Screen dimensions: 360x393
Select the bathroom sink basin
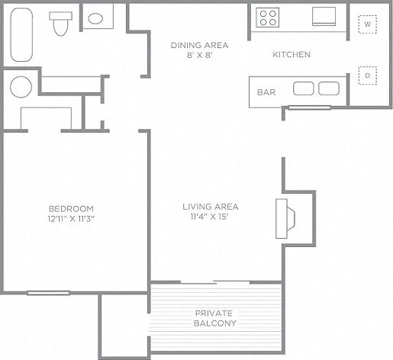coord(96,18)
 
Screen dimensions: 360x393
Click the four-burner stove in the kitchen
coord(268,18)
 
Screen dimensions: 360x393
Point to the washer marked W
coord(367,25)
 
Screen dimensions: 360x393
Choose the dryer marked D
coord(367,76)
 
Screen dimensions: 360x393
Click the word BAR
coord(266,92)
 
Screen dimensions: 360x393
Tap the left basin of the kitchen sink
coord(304,88)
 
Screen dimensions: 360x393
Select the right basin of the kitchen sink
coord(329,88)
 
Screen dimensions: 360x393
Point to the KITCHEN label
coord(292,55)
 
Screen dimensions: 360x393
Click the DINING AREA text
coord(199,45)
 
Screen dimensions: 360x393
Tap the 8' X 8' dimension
coord(199,56)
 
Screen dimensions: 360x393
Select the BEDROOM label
coord(71,209)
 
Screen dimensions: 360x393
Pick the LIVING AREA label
coord(211,207)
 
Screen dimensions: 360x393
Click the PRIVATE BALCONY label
coord(215,318)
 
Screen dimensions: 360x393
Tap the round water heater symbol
coord(21,87)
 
